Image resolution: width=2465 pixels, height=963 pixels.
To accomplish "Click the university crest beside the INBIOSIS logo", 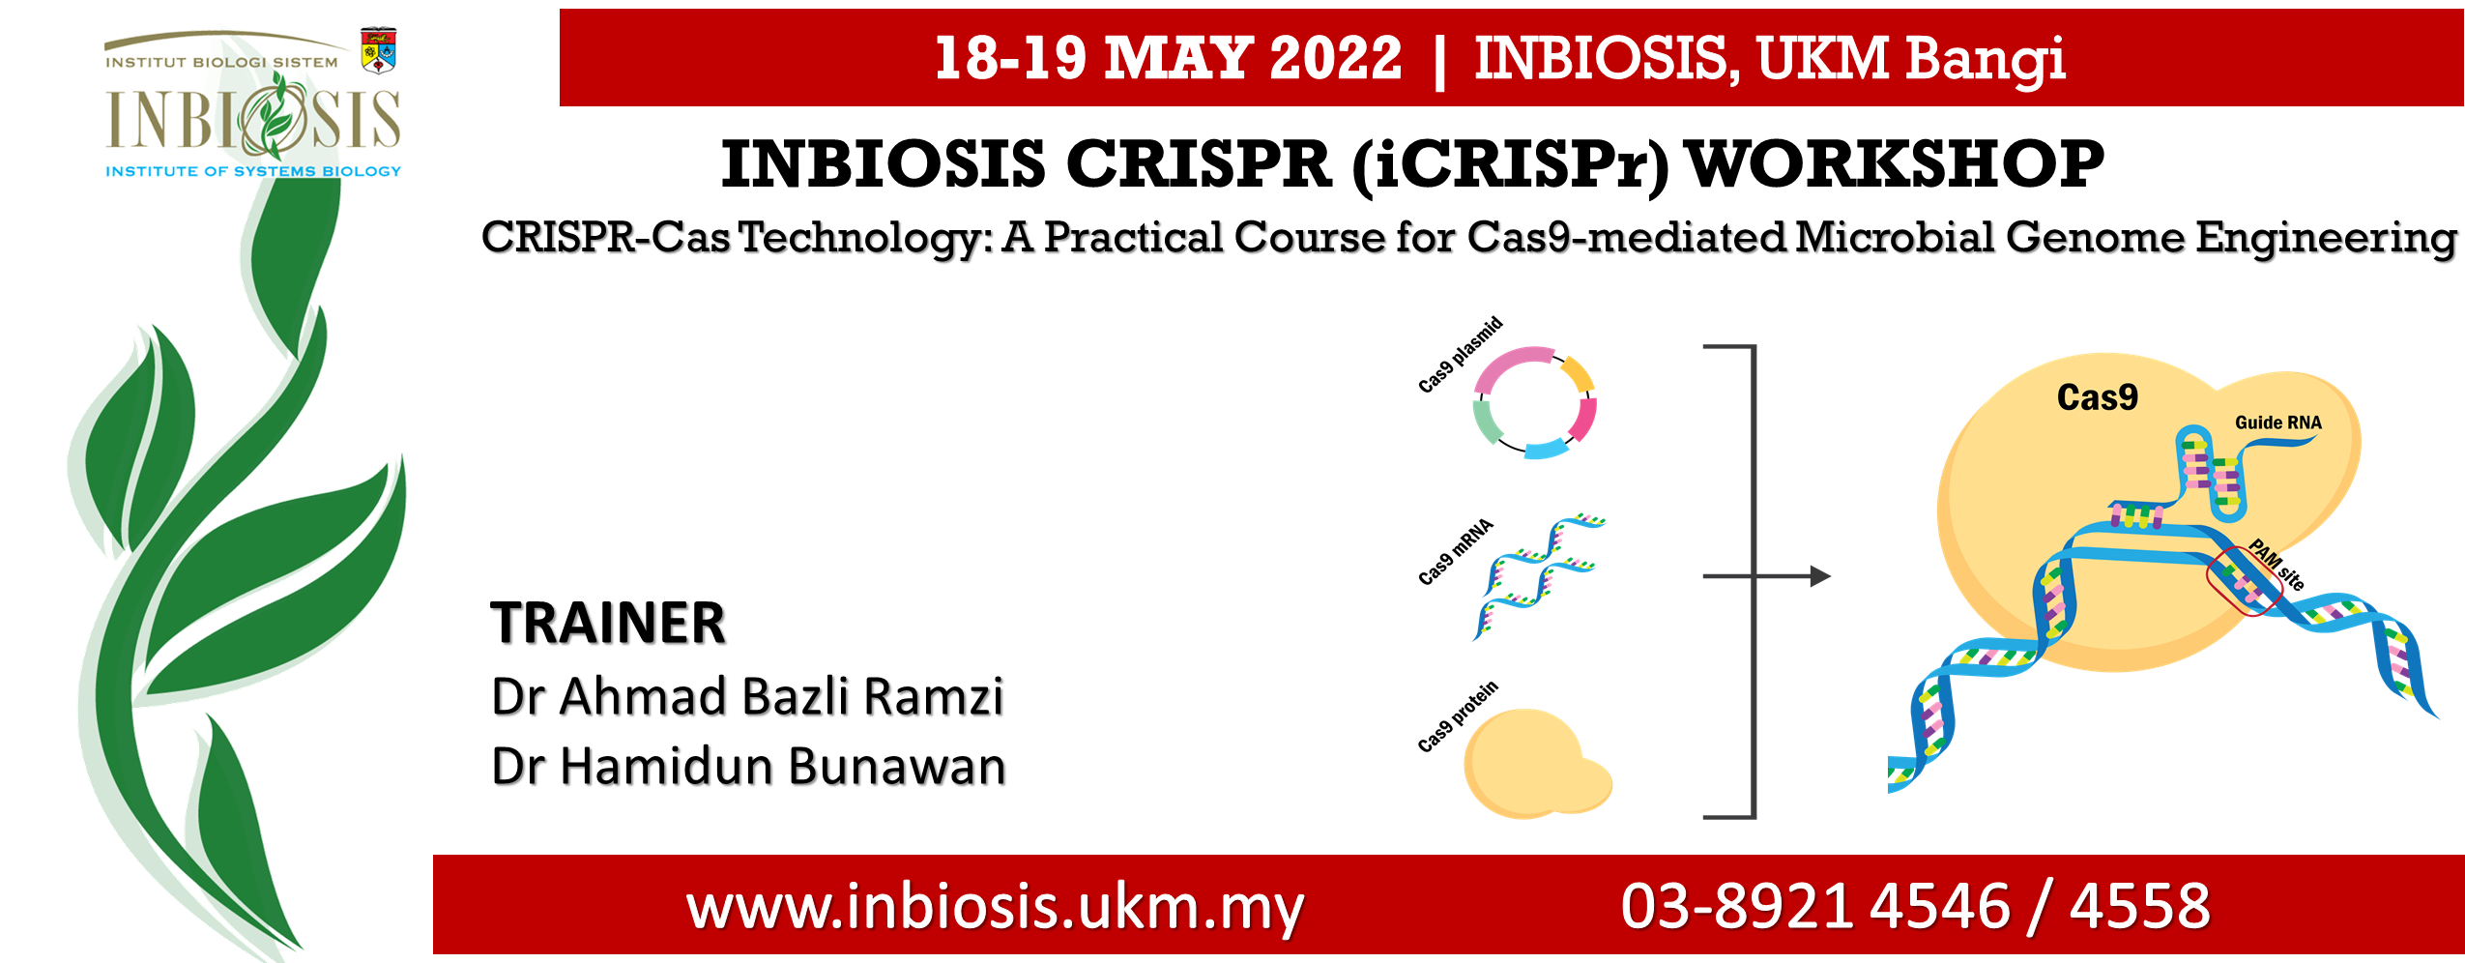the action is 378,51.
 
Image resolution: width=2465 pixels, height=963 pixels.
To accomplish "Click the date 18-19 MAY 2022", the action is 1168,58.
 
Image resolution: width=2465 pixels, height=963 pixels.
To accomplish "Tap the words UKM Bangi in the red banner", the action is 1910,59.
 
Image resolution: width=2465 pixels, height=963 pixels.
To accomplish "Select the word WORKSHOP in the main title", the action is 1895,163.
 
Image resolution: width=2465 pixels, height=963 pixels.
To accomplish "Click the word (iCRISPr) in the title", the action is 1510,165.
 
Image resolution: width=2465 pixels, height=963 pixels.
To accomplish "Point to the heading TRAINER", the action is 608,623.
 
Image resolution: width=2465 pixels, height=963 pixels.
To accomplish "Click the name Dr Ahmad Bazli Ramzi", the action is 747,696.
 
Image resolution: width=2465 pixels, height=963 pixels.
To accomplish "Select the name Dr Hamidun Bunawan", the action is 748,766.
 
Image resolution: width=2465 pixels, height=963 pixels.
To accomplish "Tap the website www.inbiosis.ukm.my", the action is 995,908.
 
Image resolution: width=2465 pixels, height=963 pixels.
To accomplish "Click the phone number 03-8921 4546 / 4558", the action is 1915,906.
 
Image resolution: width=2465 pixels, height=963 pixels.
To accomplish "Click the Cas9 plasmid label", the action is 1460,355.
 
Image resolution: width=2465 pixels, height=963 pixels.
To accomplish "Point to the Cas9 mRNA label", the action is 1455,552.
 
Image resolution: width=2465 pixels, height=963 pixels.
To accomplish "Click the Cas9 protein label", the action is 1457,716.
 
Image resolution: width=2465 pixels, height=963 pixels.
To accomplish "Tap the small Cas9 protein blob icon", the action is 1537,764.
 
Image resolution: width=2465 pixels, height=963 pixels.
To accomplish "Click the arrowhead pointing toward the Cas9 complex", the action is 1820,576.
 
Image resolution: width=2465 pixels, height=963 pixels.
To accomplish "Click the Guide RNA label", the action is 2277,423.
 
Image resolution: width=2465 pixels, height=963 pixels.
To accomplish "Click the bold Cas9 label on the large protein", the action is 2097,397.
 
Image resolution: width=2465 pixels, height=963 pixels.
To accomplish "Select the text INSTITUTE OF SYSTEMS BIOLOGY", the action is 253,171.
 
